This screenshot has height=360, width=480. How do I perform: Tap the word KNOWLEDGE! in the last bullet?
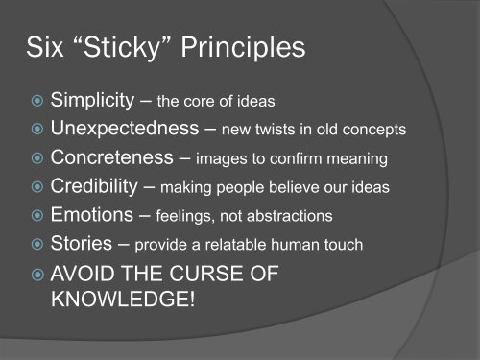[x=121, y=314]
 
